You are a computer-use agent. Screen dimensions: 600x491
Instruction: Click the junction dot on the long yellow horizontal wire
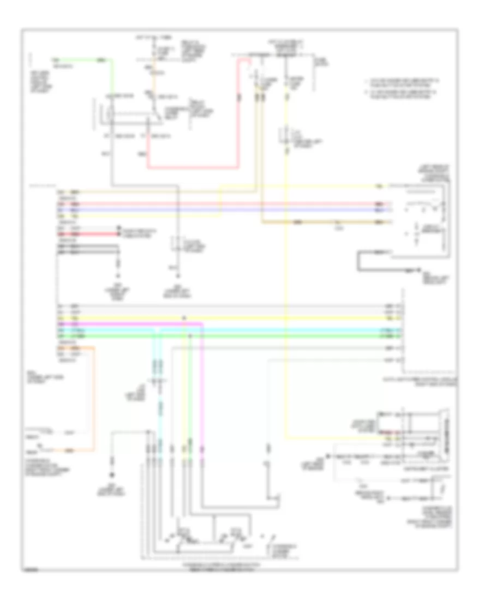click(184, 317)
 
